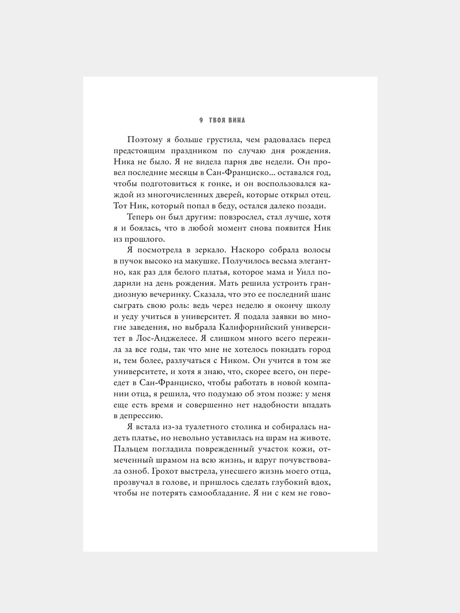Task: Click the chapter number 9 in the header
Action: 201,120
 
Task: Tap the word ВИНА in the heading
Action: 236,120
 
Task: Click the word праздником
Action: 184,151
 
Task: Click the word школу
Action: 317,305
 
